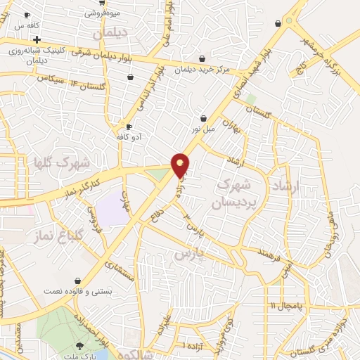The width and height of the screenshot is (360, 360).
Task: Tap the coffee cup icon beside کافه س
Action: tap(27, 14)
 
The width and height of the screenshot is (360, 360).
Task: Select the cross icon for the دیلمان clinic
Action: tap(37, 39)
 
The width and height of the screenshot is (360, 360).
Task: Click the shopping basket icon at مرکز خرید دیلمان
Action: tap(202, 58)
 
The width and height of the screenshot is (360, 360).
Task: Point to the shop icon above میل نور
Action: tap(204, 117)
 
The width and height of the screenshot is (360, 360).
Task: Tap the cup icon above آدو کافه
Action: tap(129, 126)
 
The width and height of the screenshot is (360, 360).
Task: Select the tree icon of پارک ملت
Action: tap(79, 345)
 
